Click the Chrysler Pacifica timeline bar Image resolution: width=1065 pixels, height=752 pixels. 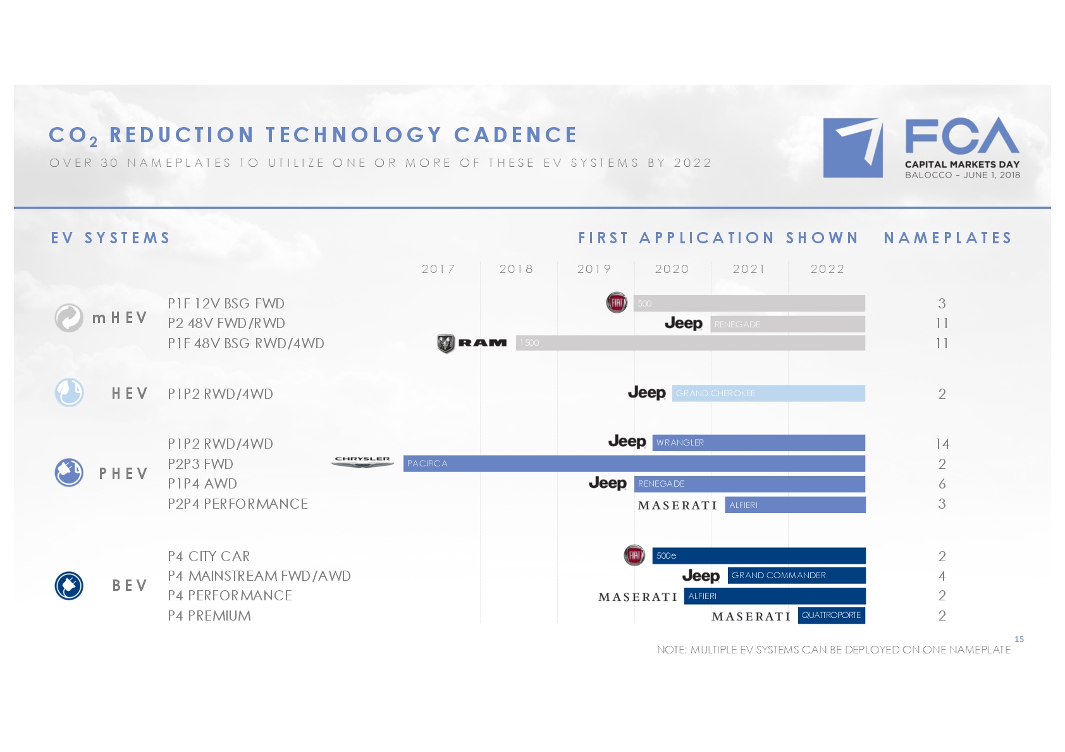[x=634, y=464]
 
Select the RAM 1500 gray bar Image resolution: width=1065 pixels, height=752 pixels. [x=691, y=343]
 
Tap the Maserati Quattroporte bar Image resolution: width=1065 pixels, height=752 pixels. [x=832, y=615]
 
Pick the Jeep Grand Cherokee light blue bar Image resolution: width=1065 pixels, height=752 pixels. [x=768, y=393]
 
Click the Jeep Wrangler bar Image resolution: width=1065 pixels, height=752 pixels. [x=758, y=443]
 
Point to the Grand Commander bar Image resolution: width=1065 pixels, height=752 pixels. [x=796, y=575]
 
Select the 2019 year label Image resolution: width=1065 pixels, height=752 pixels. [x=594, y=269]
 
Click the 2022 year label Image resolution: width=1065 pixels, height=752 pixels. [x=827, y=269]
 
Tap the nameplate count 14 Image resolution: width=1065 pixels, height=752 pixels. [x=942, y=444]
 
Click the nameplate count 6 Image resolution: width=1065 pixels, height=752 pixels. [x=942, y=483]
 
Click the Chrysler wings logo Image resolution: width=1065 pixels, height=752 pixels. [x=363, y=462]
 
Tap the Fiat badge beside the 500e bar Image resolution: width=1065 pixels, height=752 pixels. [x=634, y=555]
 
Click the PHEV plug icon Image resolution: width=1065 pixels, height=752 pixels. [x=69, y=473]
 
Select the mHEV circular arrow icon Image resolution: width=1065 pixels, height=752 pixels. [x=69, y=317]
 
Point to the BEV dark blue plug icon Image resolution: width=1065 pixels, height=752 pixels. [x=69, y=585]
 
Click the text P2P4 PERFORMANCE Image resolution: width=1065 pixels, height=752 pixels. [x=238, y=504]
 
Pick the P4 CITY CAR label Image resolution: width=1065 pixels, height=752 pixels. [x=209, y=556]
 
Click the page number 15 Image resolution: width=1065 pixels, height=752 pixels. [x=1019, y=639]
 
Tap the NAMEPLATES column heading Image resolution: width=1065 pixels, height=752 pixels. [x=948, y=238]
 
